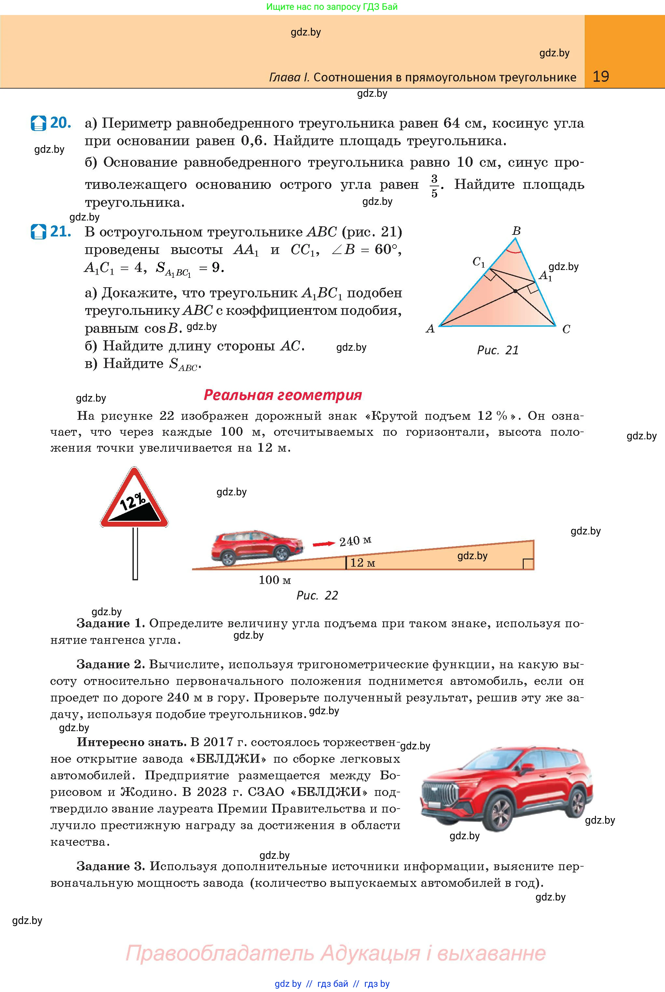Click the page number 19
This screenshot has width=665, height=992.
tap(601, 77)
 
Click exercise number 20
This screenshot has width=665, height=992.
tap(60, 123)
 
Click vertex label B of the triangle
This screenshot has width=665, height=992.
tap(516, 231)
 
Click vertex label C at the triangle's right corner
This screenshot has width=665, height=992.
tap(566, 329)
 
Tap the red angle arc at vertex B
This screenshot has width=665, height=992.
tap(514, 251)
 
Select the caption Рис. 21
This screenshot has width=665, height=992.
tap(497, 350)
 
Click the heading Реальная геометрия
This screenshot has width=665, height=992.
tap(283, 395)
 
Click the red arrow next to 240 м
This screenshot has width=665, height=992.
tap(323, 544)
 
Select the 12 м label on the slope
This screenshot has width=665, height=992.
tap(363, 563)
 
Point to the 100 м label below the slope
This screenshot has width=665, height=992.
tap(275, 580)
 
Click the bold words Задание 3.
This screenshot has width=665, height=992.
tap(111, 866)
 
